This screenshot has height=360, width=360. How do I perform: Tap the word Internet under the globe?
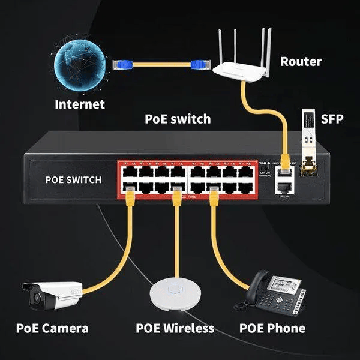pyautogui.click(x=79, y=104)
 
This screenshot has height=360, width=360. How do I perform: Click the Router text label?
pyautogui.click(x=301, y=61)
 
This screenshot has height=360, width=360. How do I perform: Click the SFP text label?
pyautogui.click(x=332, y=118)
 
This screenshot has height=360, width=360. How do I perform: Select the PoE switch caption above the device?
pyautogui.click(x=178, y=118)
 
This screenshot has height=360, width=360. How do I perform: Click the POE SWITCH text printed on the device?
pyautogui.click(x=73, y=179)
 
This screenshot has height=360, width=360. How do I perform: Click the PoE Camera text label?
pyautogui.click(x=53, y=328)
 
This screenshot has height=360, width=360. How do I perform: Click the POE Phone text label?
pyautogui.click(x=272, y=328)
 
